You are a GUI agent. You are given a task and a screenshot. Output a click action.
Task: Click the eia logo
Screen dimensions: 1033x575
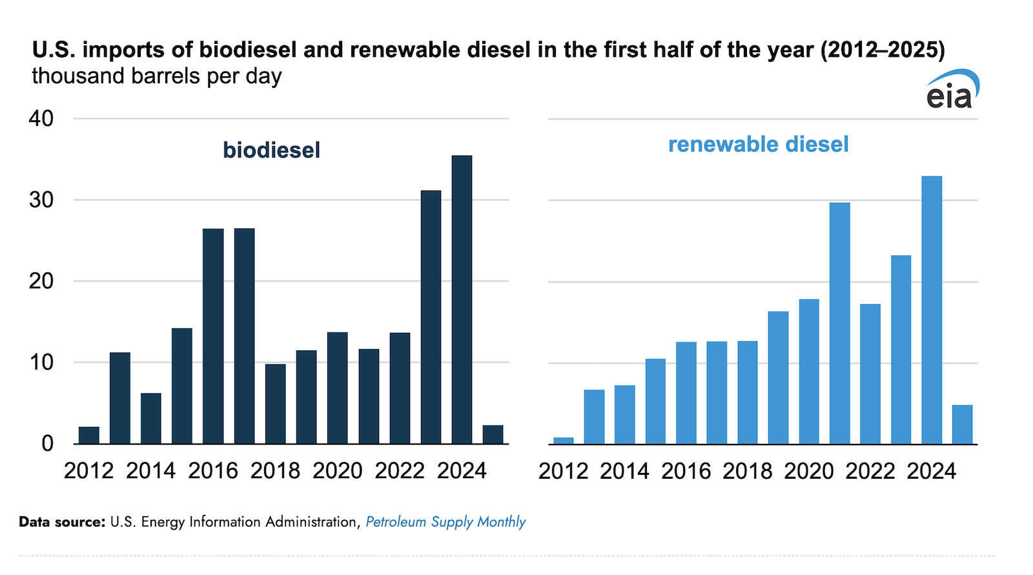[x=953, y=89]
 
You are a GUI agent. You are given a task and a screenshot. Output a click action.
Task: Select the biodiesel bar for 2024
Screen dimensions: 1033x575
[x=462, y=300]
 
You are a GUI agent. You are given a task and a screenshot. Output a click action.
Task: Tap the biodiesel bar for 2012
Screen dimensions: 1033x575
[x=89, y=435]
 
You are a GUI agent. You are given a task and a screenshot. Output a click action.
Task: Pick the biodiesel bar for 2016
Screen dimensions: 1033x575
[x=213, y=337]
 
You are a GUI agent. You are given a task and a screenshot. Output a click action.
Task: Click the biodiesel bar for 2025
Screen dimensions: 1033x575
[x=493, y=435]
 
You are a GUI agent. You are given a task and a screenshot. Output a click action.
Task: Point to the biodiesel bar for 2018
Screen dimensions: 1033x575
[x=275, y=404]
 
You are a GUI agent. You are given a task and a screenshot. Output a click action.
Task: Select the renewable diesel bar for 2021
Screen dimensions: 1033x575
[x=840, y=324]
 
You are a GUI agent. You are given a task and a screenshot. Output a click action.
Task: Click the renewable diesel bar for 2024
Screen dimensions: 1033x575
[x=932, y=310]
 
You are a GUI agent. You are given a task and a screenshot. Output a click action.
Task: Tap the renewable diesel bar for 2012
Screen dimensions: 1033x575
[x=564, y=441]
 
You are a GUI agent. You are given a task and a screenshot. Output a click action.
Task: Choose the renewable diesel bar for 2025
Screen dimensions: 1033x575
[x=963, y=424]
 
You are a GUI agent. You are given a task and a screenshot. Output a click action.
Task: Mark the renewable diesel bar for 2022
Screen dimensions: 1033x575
[x=870, y=374]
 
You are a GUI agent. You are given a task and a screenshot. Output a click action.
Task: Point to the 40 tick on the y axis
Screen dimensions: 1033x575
[x=41, y=119]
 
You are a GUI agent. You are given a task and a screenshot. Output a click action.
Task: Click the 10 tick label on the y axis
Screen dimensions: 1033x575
[x=41, y=362]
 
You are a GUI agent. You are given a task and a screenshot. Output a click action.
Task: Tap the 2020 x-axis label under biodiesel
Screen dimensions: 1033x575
[x=337, y=471]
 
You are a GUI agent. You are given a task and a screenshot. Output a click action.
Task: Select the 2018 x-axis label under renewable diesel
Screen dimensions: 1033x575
[x=747, y=471]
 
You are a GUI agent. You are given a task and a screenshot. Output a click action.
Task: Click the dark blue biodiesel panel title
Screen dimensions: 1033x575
[x=272, y=150]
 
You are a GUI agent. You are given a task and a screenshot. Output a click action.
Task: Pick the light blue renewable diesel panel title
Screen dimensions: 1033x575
[x=759, y=145]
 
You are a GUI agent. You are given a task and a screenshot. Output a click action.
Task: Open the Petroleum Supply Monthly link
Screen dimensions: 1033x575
[x=445, y=522]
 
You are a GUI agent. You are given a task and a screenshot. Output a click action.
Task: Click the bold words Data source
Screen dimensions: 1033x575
[x=62, y=522]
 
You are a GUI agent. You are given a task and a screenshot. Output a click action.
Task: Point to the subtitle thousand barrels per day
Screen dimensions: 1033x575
[x=157, y=76]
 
